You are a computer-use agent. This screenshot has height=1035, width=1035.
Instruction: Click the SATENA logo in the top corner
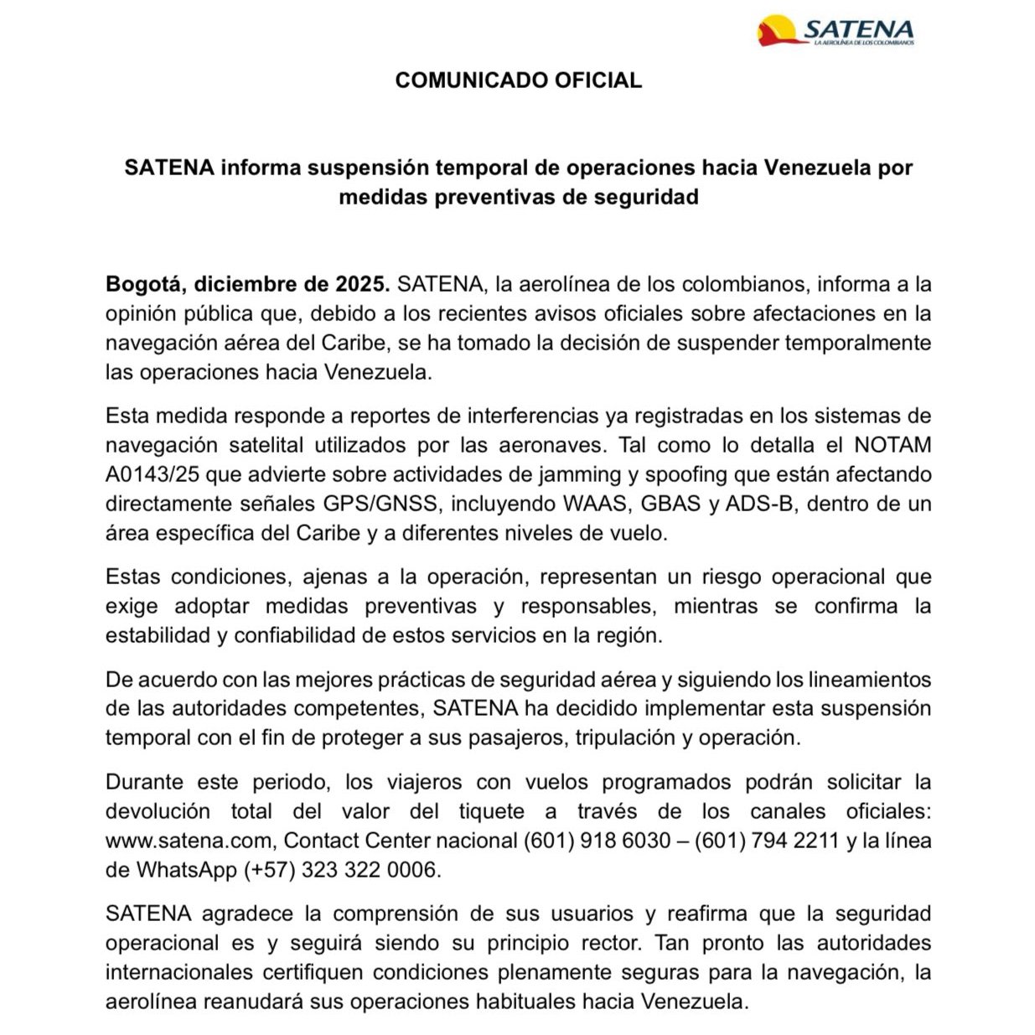coord(836,31)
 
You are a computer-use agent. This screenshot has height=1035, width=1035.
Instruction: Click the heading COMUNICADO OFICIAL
coord(518,80)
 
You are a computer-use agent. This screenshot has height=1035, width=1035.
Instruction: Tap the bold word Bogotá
coord(143,284)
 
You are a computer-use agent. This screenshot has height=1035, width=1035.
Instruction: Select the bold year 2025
coord(363,284)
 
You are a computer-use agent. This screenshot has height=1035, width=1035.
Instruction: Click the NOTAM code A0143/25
coord(153,474)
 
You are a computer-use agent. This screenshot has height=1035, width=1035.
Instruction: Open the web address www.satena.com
coord(189,841)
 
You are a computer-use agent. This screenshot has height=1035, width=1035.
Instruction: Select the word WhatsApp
coord(187,870)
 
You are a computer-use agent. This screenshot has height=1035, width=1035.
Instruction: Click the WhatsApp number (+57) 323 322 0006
coord(342,870)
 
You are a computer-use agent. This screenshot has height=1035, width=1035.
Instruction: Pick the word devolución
coord(158,811)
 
